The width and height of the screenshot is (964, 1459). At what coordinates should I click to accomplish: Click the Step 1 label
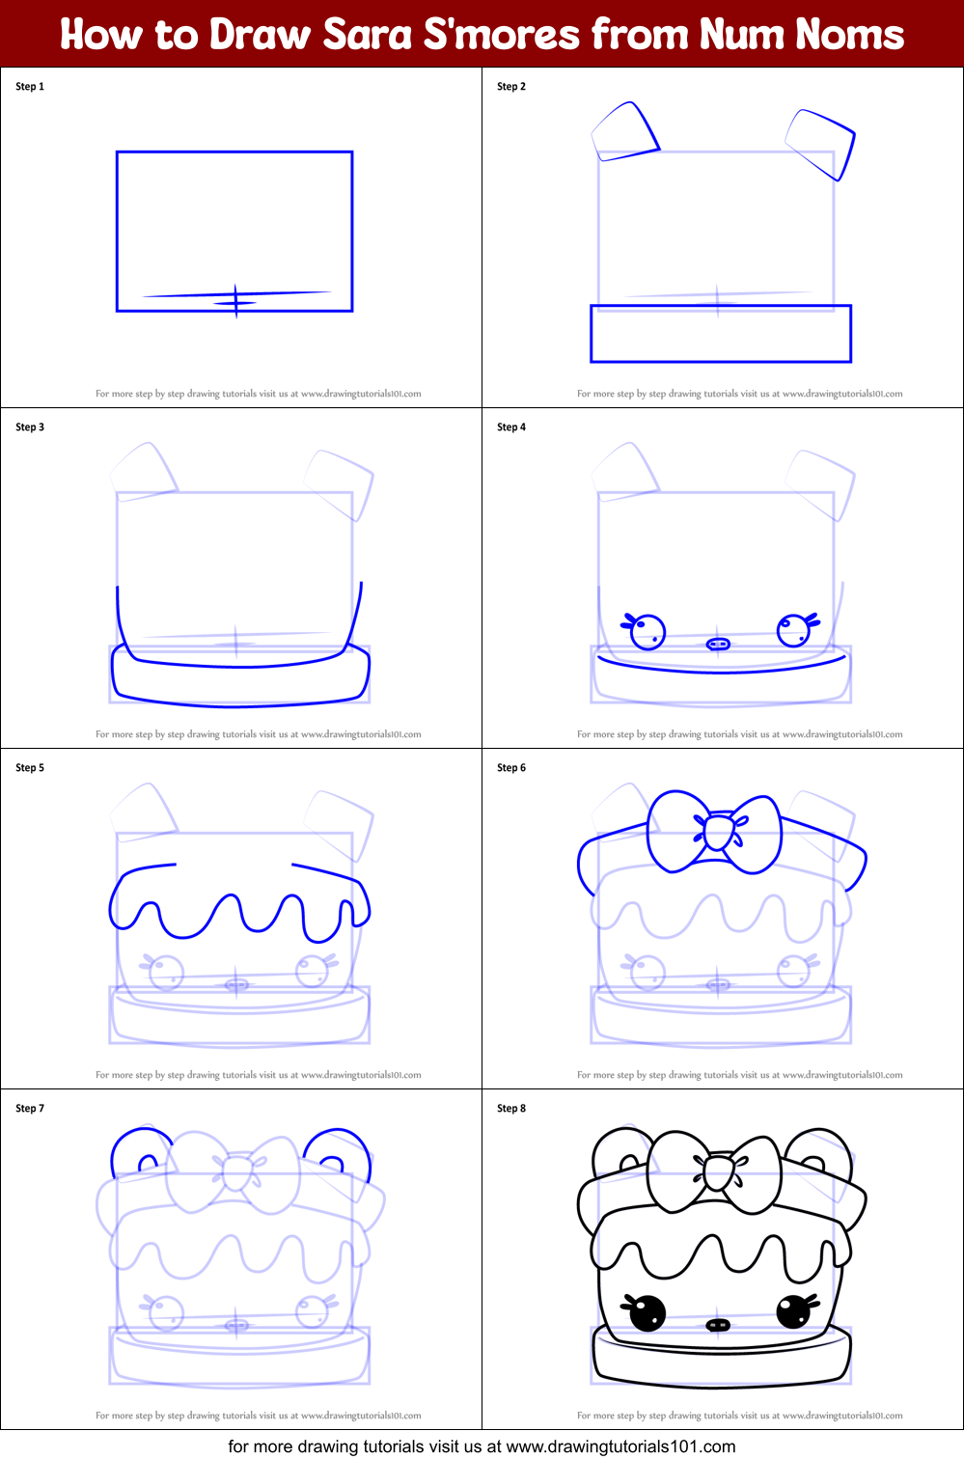point(30,87)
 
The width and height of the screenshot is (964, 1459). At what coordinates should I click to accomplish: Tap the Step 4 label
point(511,427)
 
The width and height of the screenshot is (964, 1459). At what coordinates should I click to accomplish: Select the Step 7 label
point(30,1109)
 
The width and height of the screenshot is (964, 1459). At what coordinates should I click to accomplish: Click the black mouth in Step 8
point(718,1325)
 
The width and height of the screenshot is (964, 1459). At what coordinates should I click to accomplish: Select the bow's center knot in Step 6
point(718,832)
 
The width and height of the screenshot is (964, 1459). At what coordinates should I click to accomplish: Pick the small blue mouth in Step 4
point(718,644)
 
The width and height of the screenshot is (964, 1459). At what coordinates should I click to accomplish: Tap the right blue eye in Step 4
point(793,630)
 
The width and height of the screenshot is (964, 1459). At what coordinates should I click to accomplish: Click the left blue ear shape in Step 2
point(625,131)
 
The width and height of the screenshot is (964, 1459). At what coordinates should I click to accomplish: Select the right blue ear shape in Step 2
point(823,143)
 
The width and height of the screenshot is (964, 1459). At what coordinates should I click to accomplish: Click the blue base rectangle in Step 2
point(720,334)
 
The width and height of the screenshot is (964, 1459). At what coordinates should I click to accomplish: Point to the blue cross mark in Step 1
point(235,301)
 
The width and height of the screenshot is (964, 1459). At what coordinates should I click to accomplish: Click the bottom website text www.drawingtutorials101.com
point(620,1446)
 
